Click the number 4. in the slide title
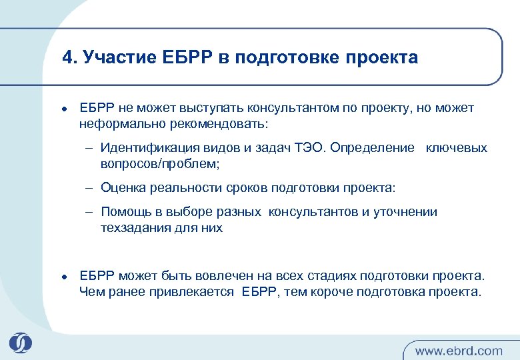[x=69, y=58]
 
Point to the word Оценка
[x=121, y=188]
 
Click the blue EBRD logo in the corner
[x=20, y=343]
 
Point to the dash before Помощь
[x=89, y=213]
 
